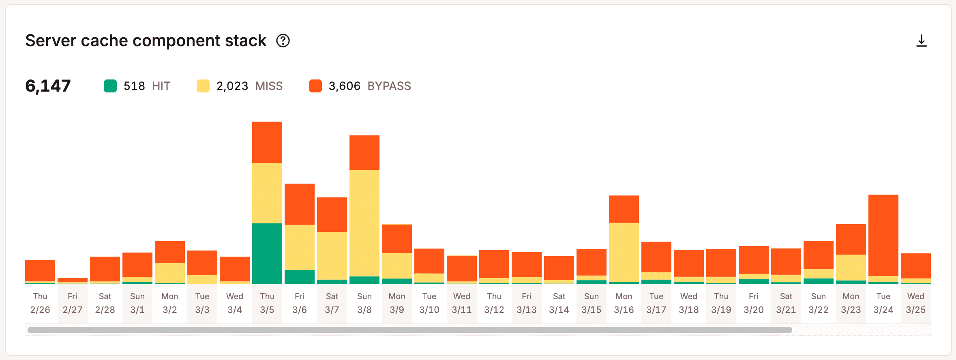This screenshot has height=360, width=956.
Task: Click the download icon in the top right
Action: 921,41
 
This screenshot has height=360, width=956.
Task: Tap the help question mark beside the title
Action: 283,41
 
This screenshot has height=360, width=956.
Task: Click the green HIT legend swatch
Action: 110,86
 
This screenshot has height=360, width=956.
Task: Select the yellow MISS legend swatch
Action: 203,86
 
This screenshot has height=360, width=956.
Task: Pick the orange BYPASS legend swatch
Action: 315,86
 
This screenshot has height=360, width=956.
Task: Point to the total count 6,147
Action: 48,86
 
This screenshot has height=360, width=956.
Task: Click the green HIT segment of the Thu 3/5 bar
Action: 267,253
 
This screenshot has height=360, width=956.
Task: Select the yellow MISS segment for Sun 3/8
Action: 364,223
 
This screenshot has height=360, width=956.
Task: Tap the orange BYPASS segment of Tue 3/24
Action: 883,235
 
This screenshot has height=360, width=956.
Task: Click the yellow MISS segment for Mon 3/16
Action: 624,252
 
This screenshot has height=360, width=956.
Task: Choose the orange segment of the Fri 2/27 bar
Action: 73,280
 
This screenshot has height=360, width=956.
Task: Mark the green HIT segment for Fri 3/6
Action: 300,276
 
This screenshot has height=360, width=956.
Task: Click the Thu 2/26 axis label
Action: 40,303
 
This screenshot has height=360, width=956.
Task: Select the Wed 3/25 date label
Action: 916,303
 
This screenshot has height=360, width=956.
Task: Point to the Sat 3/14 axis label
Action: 559,303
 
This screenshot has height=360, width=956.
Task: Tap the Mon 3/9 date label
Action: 397,303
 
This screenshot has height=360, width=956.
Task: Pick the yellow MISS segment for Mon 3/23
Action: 851,268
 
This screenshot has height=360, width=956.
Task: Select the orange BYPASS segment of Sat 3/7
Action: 332,214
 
